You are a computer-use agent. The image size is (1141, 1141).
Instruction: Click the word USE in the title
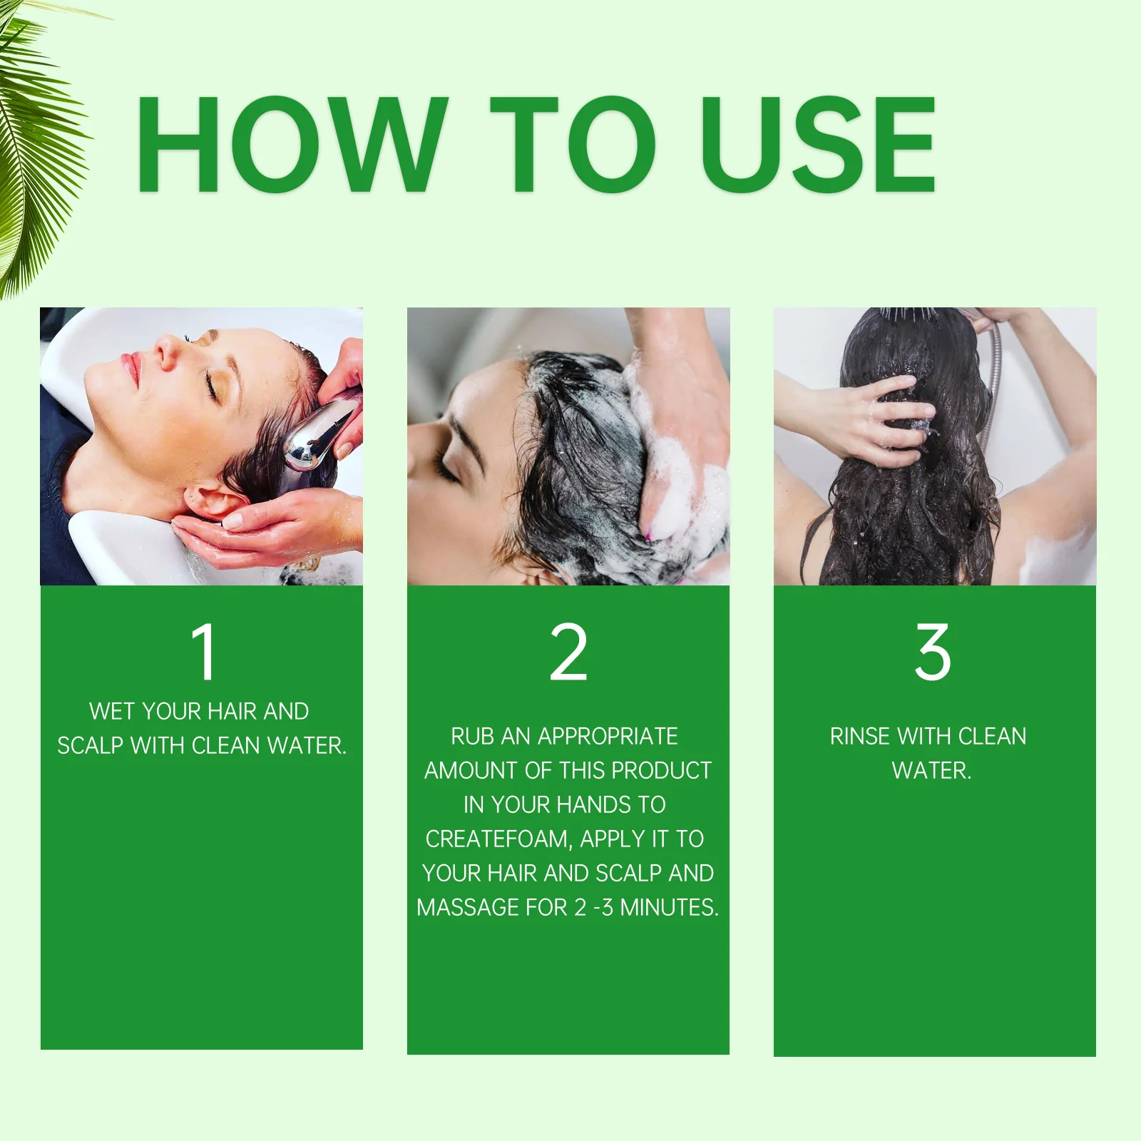coord(817,144)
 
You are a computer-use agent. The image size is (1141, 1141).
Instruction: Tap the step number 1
coord(204,652)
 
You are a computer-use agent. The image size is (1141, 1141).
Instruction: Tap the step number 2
coord(568,652)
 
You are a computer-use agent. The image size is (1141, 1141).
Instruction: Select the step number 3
coord(933,652)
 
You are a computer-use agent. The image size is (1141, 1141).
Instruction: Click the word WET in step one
coord(112,712)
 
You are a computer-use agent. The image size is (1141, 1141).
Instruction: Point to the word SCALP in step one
coord(91,746)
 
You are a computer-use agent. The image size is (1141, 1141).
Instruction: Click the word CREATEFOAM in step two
coord(497,839)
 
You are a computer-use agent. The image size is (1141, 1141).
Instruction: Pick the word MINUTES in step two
coord(669,908)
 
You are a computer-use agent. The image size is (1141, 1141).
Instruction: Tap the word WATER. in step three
coord(931,771)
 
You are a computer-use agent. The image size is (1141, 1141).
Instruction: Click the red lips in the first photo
coord(131,368)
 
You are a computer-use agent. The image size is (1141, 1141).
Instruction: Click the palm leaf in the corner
coord(32,143)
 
